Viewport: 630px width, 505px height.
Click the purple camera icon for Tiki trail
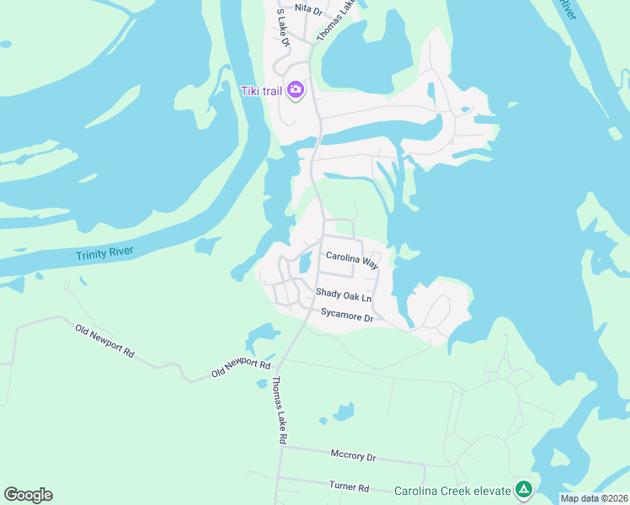coord(295,89)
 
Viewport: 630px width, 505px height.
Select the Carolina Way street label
coord(353,260)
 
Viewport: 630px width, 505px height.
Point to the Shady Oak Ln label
coord(343,296)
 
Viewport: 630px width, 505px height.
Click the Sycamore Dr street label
coord(346,316)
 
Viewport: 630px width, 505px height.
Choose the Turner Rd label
coord(349,487)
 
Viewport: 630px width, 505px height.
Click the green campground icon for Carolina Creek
coord(524,489)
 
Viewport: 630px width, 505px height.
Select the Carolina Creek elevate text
coord(453,491)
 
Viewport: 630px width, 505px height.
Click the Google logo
coord(28,495)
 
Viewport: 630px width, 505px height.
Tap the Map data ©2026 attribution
coord(594,498)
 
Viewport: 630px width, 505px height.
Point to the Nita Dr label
coord(308,11)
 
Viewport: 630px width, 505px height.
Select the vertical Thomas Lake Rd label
coord(279,410)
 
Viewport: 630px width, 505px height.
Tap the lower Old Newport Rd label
coord(241,367)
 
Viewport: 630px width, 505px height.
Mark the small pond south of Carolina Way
coord(306,263)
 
